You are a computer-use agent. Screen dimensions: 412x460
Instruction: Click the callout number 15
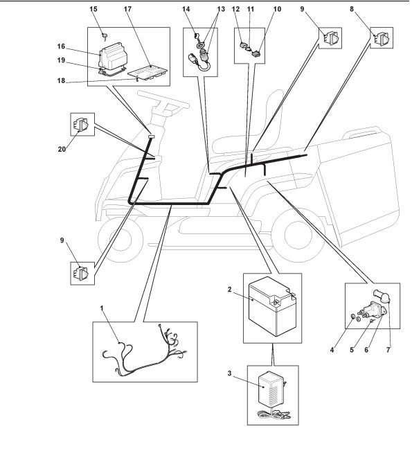(93, 9)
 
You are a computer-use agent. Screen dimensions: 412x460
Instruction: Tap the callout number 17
(127, 9)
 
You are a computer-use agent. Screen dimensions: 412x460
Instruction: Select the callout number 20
(62, 150)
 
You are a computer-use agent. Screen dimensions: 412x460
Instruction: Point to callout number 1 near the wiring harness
(102, 308)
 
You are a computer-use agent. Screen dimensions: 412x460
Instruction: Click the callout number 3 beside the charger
(229, 373)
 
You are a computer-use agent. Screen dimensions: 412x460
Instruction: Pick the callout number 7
(388, 350)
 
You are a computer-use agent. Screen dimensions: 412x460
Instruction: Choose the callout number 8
(352, 9)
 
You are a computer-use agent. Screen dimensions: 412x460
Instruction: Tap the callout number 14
(186, 9)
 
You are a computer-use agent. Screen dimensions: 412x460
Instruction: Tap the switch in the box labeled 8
(382, 37)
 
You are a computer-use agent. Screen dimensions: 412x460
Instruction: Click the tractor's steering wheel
(163, 100)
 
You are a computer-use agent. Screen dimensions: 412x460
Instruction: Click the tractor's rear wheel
(296, 232)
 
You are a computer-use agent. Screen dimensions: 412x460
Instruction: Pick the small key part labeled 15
(105, 35)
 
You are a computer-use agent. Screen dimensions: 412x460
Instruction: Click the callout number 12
(235, 9)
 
